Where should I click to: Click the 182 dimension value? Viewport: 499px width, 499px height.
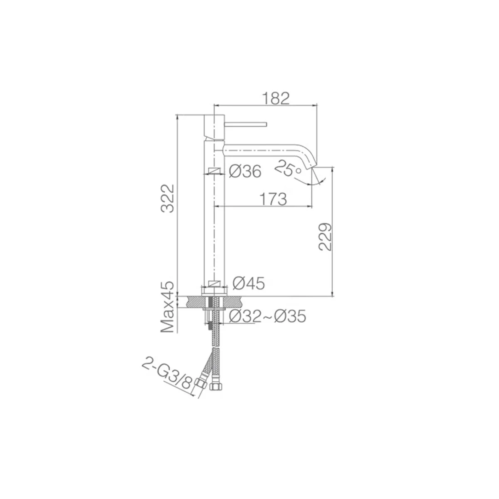[276, 99]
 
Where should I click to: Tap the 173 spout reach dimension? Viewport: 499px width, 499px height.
[273, 199]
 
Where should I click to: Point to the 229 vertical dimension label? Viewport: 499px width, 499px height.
[325, 237]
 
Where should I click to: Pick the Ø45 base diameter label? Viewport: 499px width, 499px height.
[249, 283]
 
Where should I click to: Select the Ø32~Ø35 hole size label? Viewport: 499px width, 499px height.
[267, 316]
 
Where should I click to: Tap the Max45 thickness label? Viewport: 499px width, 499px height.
[167, 307]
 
